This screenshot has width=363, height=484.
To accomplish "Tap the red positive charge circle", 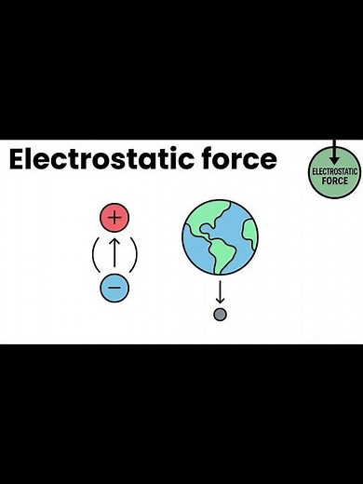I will pos(114,218).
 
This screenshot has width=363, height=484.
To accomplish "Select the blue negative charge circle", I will pos(114,288).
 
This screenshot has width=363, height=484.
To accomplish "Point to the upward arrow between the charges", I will pos(114,252).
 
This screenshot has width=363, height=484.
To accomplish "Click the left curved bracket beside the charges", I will pos(94,253).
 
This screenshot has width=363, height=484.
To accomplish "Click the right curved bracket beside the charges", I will pos(135,253).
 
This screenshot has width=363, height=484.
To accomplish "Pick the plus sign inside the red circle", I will pos(114,218).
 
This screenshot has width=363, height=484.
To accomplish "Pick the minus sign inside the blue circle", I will pos(114,288).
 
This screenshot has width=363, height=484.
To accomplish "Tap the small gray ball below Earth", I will pos(221,315).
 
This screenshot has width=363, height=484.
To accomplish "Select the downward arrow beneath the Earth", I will pos(221,291).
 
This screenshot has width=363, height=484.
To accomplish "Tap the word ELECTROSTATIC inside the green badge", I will pos(334,172).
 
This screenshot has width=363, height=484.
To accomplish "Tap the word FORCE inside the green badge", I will pos(334,181).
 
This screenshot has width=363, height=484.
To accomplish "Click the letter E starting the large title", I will pos(18,159).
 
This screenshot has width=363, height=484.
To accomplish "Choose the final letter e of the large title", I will pos(268,161).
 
